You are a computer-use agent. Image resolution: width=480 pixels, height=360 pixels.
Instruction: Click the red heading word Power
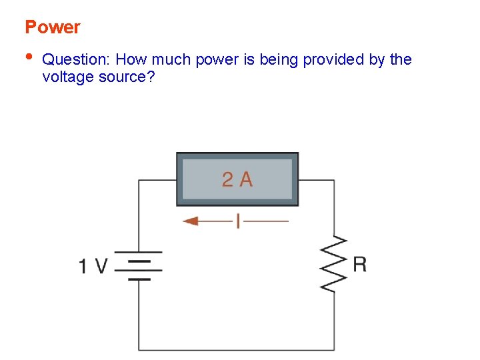[52, 27]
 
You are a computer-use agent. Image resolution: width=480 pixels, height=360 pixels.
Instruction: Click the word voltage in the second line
[67, 77]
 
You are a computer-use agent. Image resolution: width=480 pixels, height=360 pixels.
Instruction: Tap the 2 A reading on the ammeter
[237, 179]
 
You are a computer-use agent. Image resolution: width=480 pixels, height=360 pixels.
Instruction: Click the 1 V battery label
[93, 267]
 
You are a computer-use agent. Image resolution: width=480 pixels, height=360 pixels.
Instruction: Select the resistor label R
[359, 264]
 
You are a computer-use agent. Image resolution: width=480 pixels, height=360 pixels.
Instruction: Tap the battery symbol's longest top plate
[139, 253]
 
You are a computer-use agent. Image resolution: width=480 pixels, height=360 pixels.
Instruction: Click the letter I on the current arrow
[238, 221]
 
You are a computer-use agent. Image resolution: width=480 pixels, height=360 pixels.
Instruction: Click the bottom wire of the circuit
[237, 349]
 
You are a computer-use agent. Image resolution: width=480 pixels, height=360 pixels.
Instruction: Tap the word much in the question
[173, 60]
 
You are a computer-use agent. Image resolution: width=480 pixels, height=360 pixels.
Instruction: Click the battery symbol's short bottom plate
[139, 279]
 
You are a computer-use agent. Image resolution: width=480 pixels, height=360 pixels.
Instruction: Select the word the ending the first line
[401, 60]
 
